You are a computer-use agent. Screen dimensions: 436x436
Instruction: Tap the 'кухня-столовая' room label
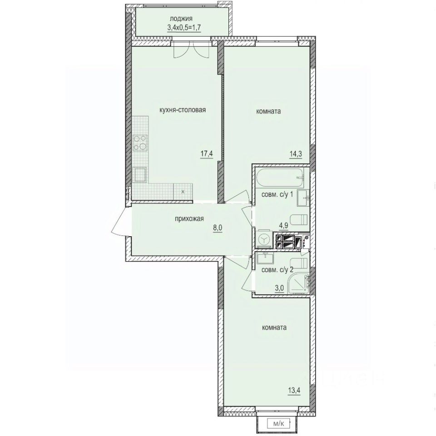[183, 109]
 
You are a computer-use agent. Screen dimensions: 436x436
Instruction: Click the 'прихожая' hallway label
[188, 219]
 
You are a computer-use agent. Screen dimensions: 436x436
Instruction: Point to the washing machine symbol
[263, 240]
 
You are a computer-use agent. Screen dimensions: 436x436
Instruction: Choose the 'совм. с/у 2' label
[277, 269]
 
